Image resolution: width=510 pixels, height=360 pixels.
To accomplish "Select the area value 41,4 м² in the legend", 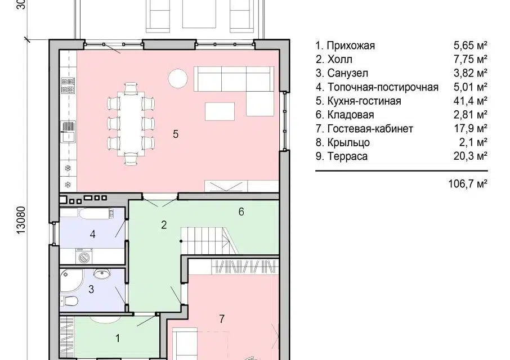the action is point(471,101).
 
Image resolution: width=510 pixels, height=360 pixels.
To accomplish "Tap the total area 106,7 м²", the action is point(468,184).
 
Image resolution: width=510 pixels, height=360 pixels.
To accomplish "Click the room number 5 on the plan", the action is point(176,134).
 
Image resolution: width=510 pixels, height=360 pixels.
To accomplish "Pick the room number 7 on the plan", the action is point(221,319).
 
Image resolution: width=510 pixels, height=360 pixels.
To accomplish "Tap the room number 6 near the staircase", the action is point(241,212).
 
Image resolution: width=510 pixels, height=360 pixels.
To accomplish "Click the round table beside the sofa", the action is point(178,78).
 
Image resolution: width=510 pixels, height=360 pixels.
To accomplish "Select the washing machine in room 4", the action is point(84,256).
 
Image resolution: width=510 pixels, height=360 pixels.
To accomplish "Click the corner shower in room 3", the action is point(71,280).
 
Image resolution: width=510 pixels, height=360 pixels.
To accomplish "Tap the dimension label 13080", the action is point(21,220).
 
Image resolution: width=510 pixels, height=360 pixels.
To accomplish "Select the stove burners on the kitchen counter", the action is point(68,85).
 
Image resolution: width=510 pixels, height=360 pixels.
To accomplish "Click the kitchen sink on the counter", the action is point(68,132).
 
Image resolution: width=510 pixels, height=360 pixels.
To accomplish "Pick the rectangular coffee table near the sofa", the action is point(220,111).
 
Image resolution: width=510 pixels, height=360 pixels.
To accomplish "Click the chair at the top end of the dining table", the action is point(131,88).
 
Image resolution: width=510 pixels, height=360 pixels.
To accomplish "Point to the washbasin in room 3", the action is point(102,274).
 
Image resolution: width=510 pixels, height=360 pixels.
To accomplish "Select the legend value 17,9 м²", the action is point(471,129).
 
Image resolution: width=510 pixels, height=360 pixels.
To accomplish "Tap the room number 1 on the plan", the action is point(118,339).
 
